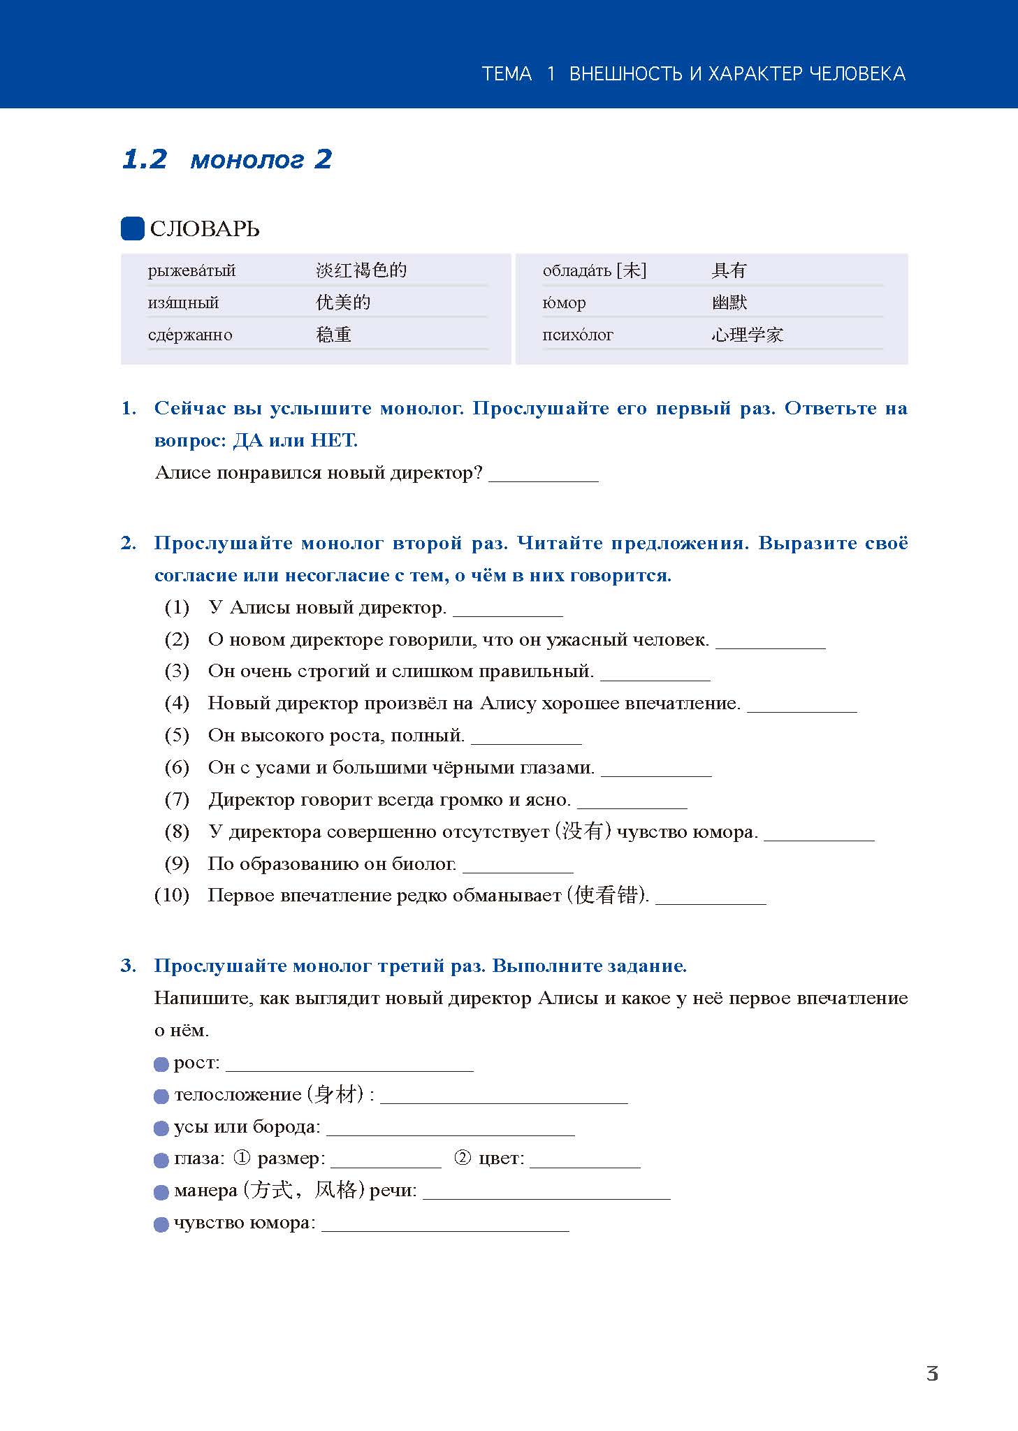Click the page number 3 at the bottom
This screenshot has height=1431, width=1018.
click(x=932, y=1374)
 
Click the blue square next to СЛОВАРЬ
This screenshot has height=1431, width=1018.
click(x=132, y=228)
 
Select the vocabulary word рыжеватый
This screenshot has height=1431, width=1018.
click(x=191, y=270)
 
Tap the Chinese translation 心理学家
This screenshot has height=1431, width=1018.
click(x=747, y=335)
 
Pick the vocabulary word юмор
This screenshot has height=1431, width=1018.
click(x=564, y=303)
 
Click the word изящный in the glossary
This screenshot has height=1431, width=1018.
click(x=183, y=303)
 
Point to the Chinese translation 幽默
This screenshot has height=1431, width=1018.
click(x=729, y=303)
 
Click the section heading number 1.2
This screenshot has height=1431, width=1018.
click(x=145, y=159)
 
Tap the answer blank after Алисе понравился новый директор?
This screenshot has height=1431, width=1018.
click(x=543, y=475)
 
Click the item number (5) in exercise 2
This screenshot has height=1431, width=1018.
click(x=177, y=735)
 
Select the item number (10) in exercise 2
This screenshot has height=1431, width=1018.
click(x=172, y=895)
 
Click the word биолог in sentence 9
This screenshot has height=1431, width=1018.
click(x=424, y=864)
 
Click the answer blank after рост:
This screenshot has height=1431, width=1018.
click(x=349, y=1065)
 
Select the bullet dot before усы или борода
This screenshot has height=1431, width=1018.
click(x=161, y=1129)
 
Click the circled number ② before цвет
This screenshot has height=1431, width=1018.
click(x=463, y=1158)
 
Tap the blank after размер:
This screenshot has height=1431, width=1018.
click(x=386, y=1161)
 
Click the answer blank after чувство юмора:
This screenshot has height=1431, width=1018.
click(x=444, y=1225)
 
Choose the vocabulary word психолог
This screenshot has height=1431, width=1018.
click(x=577, y=335)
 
